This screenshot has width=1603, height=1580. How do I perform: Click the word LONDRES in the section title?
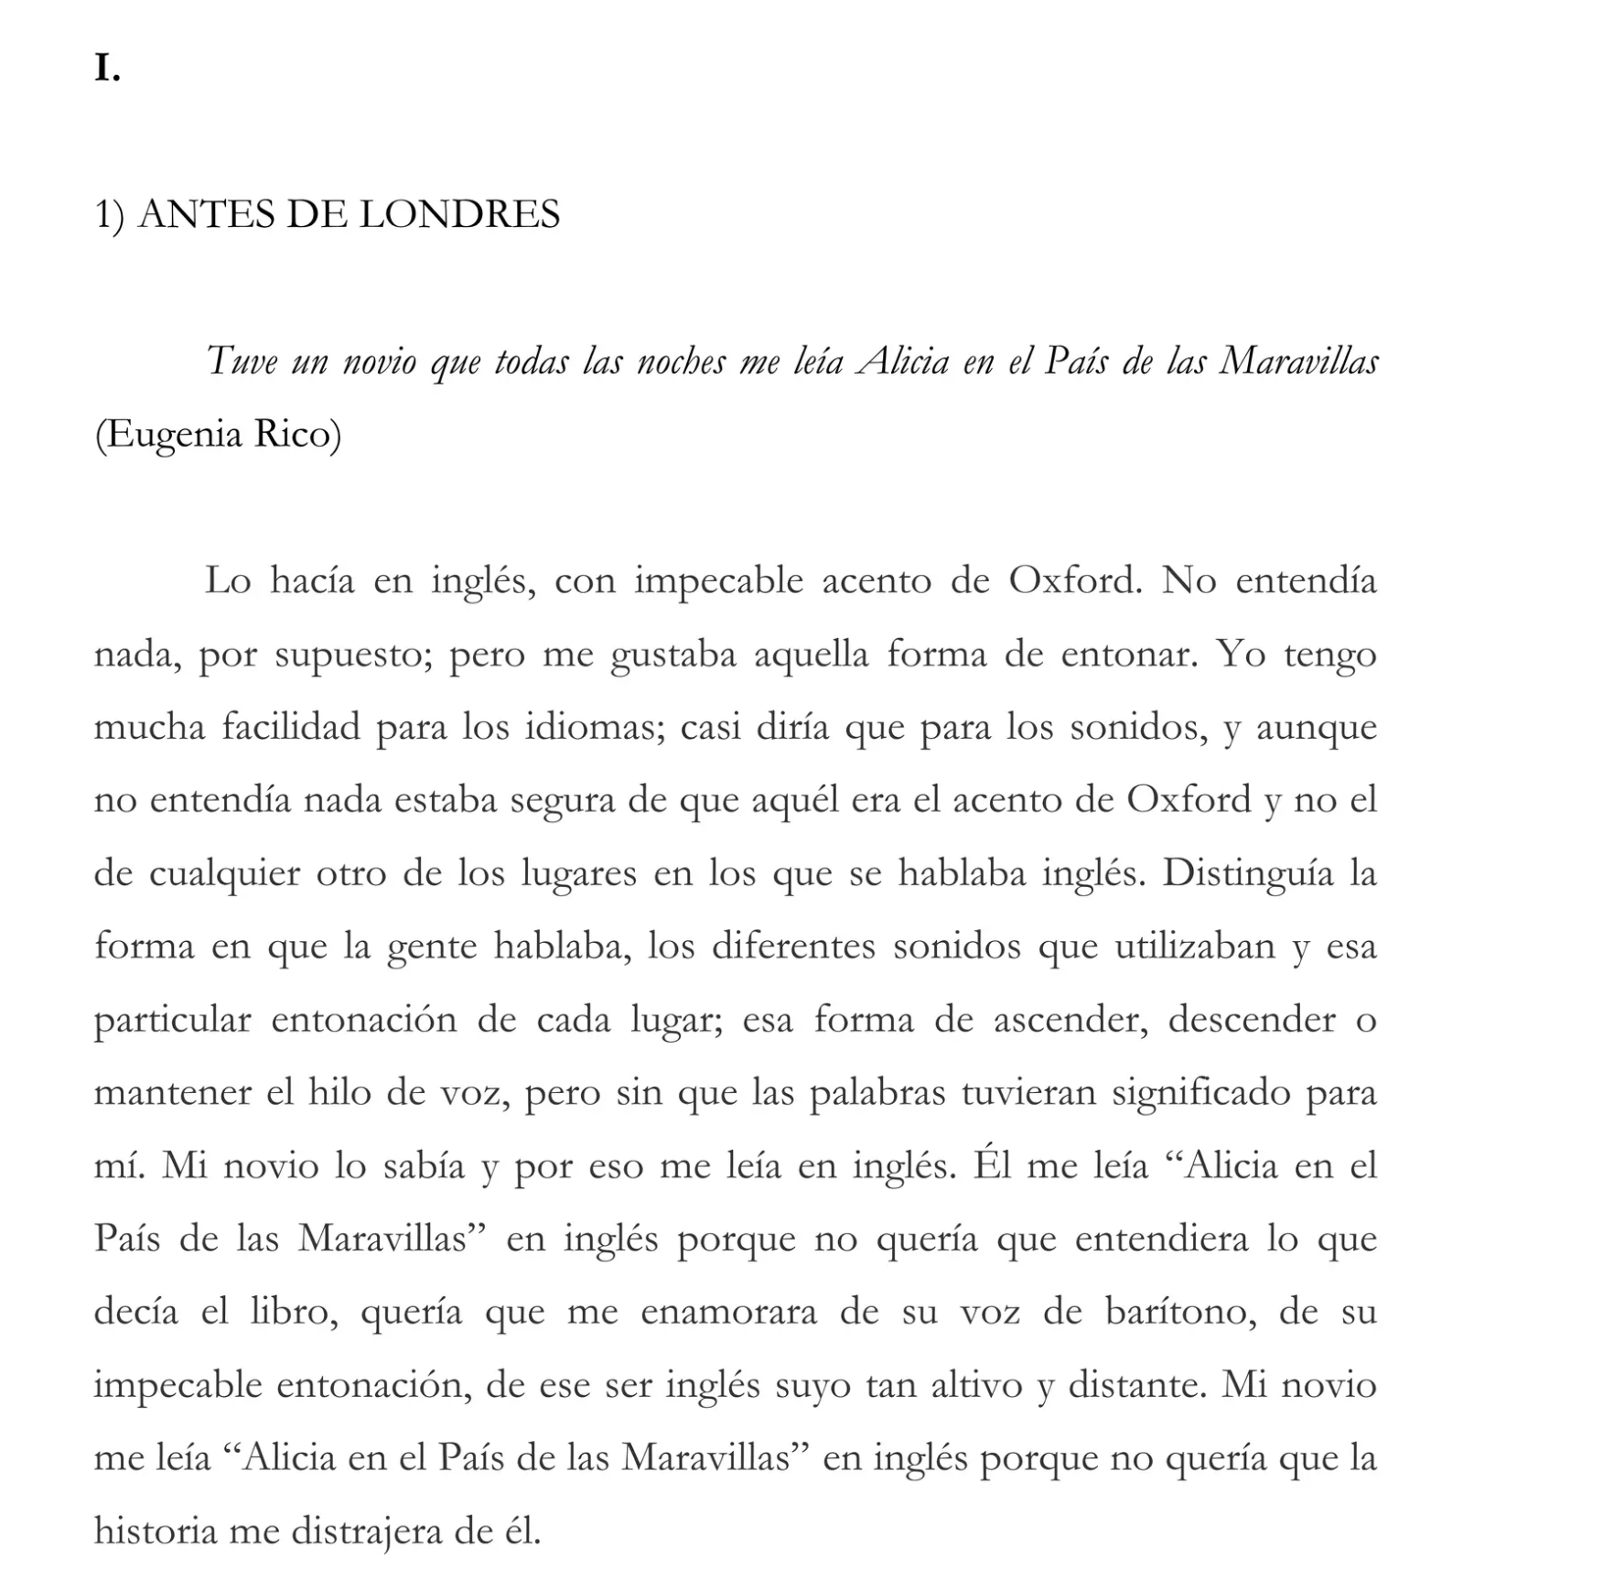(x=459, y=215)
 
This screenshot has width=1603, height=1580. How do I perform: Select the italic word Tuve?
(x=241, y=361)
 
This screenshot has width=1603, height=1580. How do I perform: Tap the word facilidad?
(x=291, y=728)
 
